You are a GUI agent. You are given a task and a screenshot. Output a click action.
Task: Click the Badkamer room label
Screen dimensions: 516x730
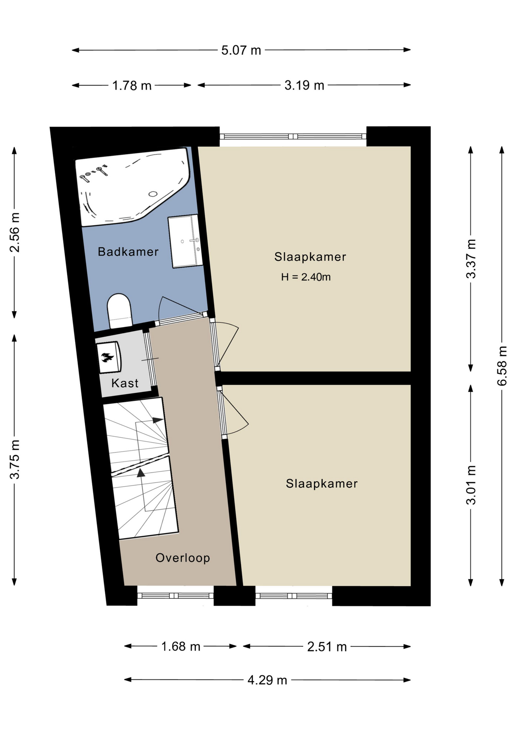[128, 252]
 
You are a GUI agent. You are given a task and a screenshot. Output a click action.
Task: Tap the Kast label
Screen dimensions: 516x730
[125, 383]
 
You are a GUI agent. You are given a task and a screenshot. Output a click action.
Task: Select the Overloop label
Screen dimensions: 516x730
[183, 558]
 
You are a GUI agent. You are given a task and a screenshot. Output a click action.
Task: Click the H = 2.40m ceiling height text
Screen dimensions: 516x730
[306, 277]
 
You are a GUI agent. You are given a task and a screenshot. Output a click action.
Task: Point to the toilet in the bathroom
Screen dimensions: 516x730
[120, 311]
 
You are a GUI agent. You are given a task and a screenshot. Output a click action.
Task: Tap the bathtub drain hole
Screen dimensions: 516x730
[153, 194]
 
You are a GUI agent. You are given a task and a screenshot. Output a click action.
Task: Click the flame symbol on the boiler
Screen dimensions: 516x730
[108, 357]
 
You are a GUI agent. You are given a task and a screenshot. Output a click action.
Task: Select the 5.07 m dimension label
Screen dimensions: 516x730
[241, 50]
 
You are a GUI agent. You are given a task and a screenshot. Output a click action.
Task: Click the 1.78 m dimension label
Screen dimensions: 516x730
[132, 86]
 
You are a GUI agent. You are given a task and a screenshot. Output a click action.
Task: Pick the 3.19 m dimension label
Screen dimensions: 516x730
[304, 85]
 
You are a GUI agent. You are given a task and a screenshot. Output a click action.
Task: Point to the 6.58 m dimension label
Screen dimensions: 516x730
[502, 365]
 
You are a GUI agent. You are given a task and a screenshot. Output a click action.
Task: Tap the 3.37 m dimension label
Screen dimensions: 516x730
[471, 259]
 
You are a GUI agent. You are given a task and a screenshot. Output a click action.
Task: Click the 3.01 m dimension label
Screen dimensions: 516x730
[471, 485]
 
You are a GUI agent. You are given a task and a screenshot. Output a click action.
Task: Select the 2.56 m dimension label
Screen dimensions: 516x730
[14, 232]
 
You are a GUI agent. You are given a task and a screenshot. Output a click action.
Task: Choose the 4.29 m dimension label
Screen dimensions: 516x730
[267, 680]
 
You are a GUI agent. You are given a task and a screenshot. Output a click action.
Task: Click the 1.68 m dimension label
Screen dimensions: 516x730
[181, 646]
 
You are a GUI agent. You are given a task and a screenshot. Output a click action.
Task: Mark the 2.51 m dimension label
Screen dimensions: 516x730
[327, 647]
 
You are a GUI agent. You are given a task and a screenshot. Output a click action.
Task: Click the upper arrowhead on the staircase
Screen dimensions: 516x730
[158, 420]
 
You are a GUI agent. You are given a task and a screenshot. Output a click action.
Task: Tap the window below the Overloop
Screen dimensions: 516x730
[176, 596]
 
